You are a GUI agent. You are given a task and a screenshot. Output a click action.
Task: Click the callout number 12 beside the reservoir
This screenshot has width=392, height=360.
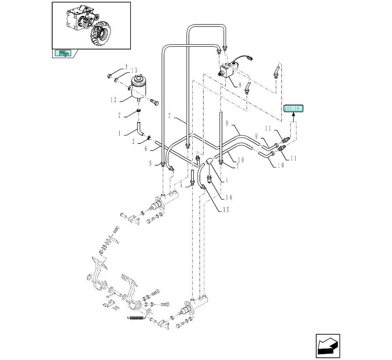(x=113, y=100)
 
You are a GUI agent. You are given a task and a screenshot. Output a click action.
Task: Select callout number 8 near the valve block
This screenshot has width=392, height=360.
(x=239, y=84)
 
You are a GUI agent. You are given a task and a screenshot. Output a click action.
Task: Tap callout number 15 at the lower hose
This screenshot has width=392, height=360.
(x=226, y=209)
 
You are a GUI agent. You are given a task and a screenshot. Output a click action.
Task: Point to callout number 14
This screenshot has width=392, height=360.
(x=228, y=198)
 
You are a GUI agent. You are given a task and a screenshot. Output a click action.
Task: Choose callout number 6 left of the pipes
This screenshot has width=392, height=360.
(x=145, y=149)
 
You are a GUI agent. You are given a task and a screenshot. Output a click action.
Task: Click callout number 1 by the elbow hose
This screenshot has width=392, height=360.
(x=119, y=134)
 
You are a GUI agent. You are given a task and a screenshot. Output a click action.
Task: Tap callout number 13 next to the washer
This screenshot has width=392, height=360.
(x=135, y=71)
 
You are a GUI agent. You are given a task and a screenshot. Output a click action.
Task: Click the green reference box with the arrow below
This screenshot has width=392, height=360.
(x=293, y=108)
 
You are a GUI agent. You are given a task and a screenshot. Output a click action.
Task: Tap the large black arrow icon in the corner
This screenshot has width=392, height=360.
(x=328, y=346)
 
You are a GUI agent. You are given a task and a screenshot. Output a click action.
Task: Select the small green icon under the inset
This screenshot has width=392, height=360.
(x=63, y=53)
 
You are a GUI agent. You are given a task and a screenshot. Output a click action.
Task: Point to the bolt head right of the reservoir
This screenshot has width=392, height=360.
(x=155, y=103)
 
